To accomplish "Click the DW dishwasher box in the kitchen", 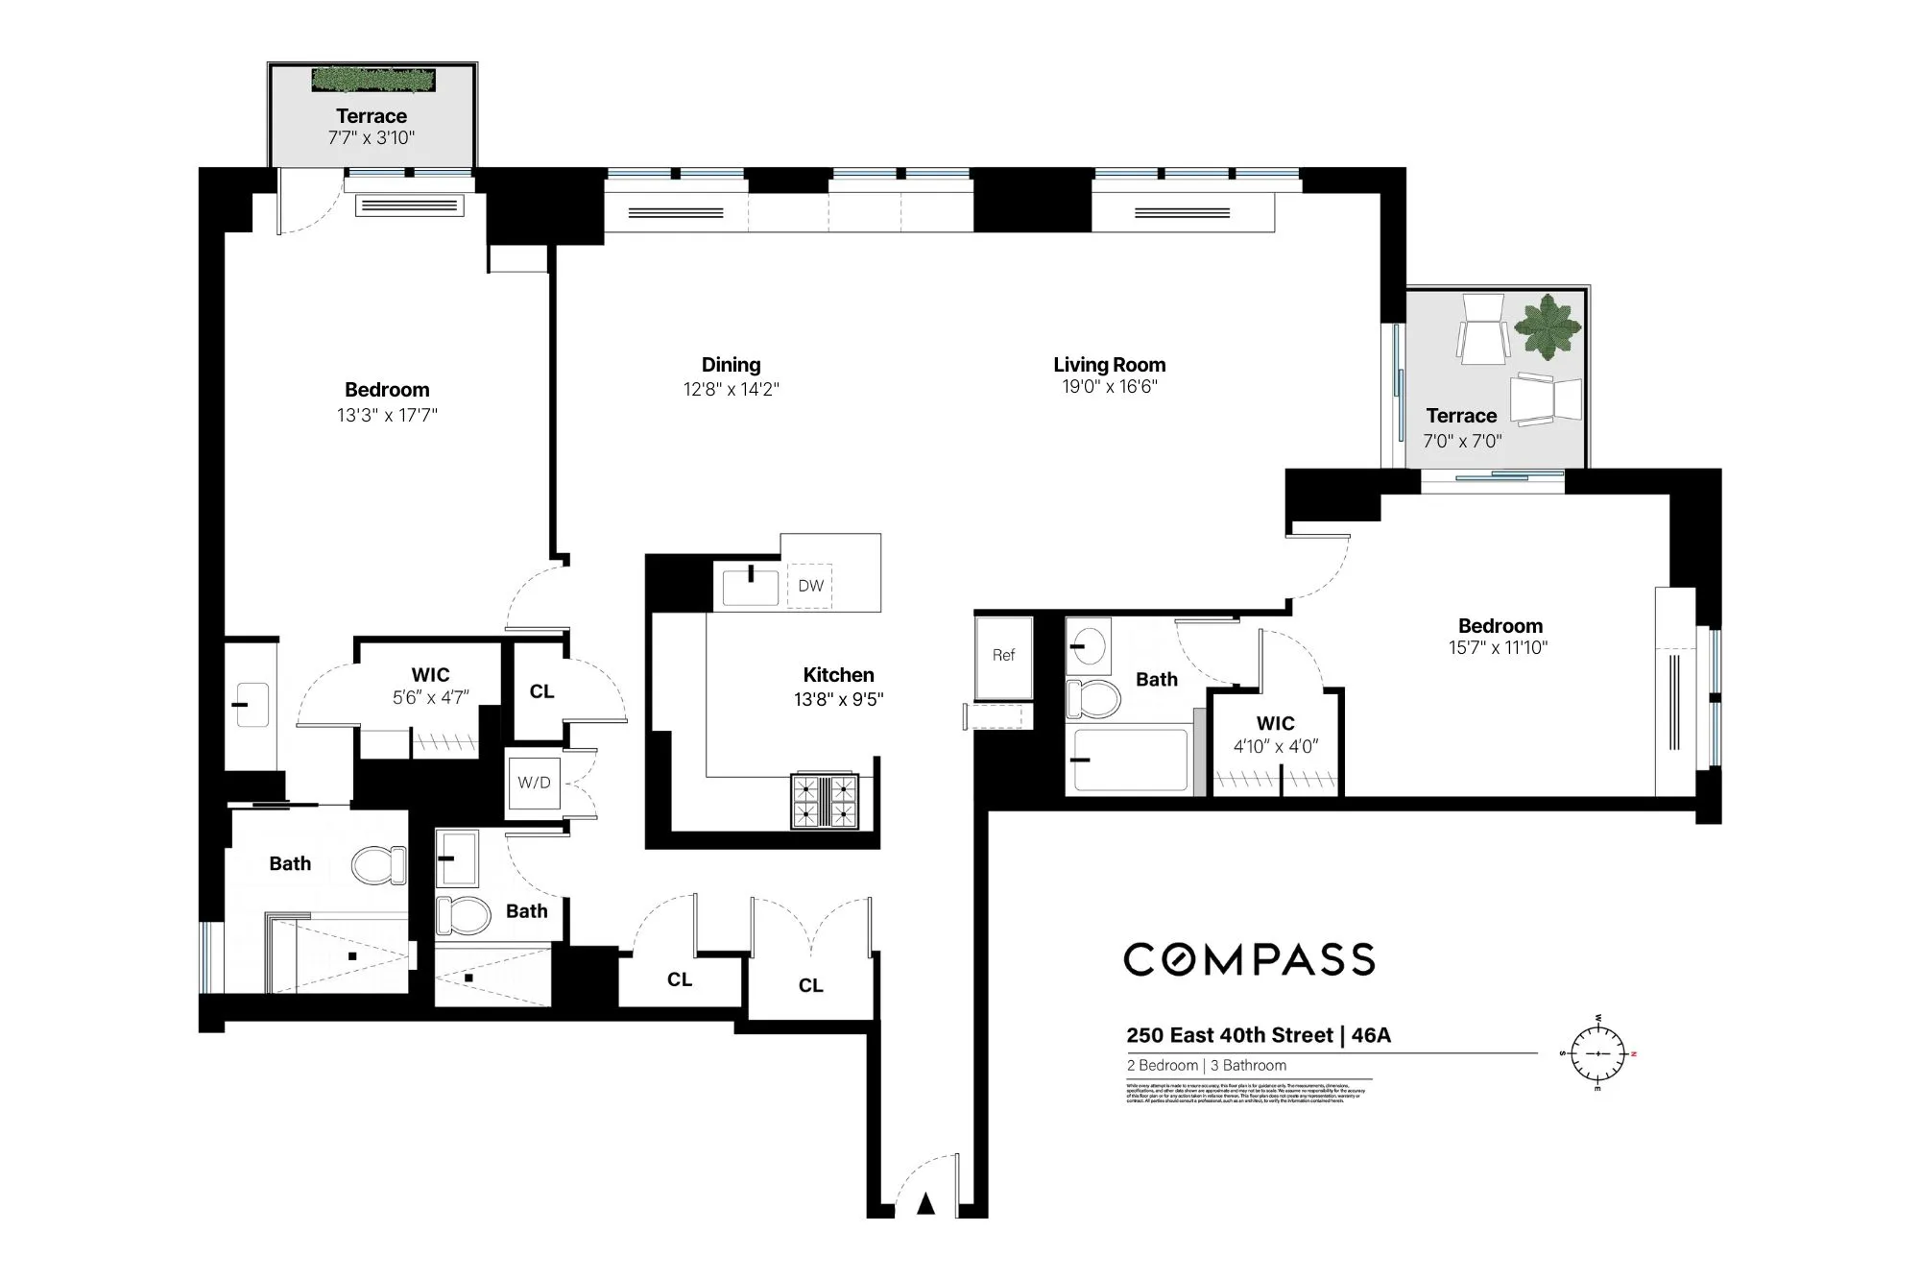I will (810, 586).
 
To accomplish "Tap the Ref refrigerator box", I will (1003, 656).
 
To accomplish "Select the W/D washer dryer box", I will (534, 783).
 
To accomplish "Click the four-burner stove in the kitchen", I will (824, 801).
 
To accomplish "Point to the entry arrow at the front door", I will (925, 1203).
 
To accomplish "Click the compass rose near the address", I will (1598, 1053).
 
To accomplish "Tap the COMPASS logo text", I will (1249, 959).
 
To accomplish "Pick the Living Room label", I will (1109, 365).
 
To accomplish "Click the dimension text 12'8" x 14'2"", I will (731, 390).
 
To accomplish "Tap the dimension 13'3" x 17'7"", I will (387, 416).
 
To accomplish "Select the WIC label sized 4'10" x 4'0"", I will (1275, 724).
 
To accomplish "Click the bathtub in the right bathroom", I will (1131, 761).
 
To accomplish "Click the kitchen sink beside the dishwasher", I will (750, 587).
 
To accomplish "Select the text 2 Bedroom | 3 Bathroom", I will (1206, 1065).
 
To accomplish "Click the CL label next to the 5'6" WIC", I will (541, 691).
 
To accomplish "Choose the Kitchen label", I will (838, 675).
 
